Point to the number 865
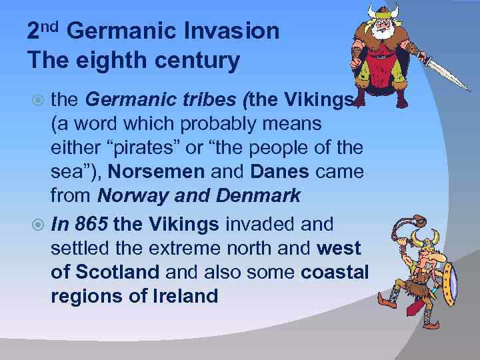(91, 225)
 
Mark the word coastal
(334, 273)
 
